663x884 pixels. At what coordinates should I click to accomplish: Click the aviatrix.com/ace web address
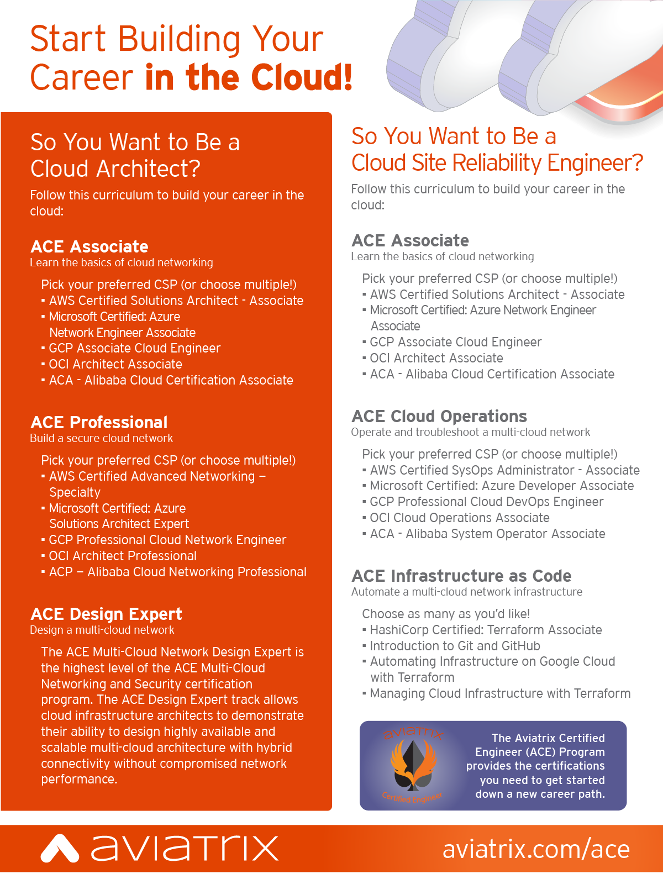click(x=536, y=849)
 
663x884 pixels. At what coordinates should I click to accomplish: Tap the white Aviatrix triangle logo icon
click(x=60, y=849)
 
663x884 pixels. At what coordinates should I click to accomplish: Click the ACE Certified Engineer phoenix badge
click(x=412, y=766)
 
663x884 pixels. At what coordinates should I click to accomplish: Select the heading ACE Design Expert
click(x=106, y=614)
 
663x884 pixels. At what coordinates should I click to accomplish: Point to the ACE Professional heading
click(x=99, y=422)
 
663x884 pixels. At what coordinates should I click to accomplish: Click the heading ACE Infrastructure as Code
click(x=461, y=576)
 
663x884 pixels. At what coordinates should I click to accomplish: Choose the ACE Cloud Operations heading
click(x=439, y=416)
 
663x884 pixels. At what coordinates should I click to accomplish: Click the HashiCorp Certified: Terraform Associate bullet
click(x=486, y=630)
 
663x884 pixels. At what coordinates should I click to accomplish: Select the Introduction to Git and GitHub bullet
click(x=455, y=646)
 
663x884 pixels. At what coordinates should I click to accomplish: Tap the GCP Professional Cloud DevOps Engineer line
click(x=486, y=502)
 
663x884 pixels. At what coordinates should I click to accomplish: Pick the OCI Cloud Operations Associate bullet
click(x=459, y=518)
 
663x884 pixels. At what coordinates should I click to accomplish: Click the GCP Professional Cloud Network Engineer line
click(x=167, y=540)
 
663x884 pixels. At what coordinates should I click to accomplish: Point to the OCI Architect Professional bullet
click(x=123, y=556)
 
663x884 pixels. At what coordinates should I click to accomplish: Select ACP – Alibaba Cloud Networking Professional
click(x=177, y=572)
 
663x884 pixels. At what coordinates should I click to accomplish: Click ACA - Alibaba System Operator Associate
click(x=487, y=534)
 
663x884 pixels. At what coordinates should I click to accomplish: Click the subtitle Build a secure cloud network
click(x=101, y=438)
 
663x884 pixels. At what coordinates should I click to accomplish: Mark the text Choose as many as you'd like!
click(x=446, y=614)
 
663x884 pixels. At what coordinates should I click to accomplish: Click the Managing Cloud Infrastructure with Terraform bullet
click(x=500, y=693)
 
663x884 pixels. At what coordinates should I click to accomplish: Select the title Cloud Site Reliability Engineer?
click(x=497, y=163)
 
